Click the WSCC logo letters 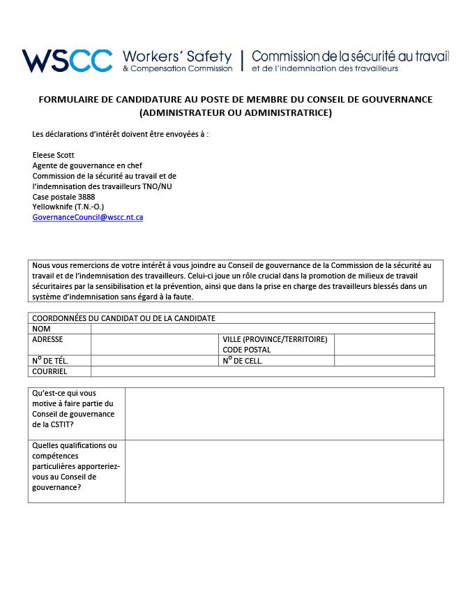pos(67,61)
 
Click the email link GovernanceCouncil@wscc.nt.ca pos(88,217)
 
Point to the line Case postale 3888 pos(63,197)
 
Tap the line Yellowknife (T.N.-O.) pos(68,207)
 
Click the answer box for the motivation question pos(284,414)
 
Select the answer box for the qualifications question pos(284,471)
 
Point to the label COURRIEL pos(50,371)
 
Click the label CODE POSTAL pos(247,350)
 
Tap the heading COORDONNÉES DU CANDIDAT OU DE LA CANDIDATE pos(124,318)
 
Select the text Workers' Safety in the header pos(177,56)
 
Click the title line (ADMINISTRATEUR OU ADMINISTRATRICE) pos(235,112)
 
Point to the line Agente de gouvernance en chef pos(87,165)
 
